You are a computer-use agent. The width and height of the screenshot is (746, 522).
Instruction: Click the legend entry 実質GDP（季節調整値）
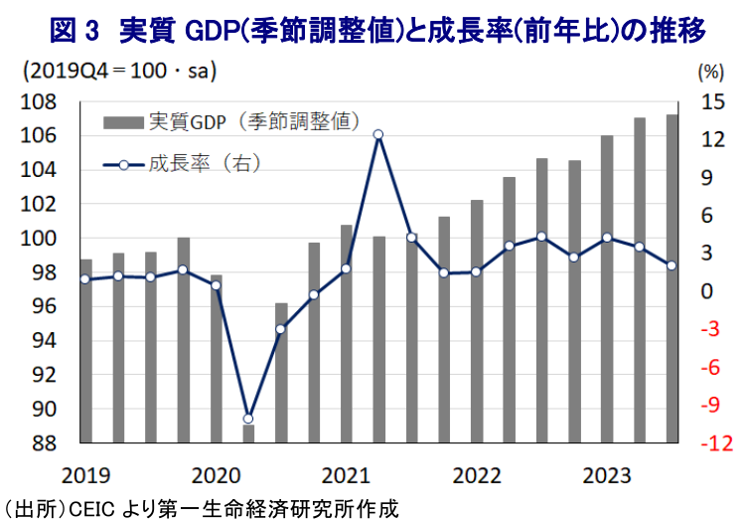[x=230, y=122]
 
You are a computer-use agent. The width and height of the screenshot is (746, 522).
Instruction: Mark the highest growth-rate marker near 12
[x=377, y=134]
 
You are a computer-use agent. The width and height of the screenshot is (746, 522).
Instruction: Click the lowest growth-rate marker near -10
[x=248, y=419]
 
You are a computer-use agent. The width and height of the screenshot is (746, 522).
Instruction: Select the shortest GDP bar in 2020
[x=248, y=434]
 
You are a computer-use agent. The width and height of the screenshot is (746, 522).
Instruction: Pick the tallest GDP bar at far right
[x=671, y=278]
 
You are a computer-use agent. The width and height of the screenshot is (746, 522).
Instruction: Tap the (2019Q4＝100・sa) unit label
[x=119, y=72]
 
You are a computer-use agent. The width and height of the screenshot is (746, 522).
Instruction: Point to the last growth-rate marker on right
[x=671, y=265]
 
